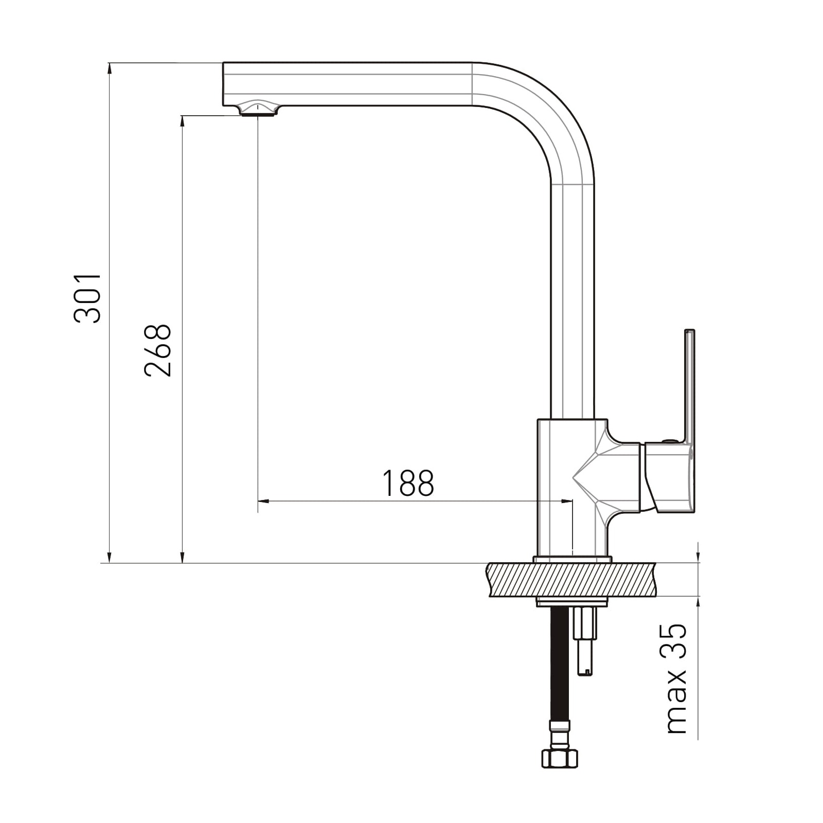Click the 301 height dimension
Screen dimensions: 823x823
click(88, 298)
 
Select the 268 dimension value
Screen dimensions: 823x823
click(158, 351)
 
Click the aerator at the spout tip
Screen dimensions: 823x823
click(258, 109)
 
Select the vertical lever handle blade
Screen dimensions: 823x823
click(689, 386)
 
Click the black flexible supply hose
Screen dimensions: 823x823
click(560, 664)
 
